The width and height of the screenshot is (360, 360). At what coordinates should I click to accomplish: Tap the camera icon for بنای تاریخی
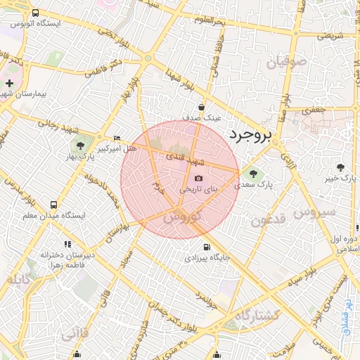198,179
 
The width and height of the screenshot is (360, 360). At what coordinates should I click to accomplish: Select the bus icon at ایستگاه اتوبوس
36,14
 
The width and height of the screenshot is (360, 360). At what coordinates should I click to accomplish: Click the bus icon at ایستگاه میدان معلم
53,205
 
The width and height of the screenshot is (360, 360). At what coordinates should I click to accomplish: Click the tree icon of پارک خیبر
341,167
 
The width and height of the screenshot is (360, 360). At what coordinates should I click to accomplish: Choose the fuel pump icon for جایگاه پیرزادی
206,247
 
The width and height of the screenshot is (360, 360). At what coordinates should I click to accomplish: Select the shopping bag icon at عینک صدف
202,108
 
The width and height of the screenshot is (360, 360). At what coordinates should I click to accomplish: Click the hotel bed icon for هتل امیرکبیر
117,138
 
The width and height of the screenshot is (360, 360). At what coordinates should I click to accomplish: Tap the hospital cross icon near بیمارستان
8,84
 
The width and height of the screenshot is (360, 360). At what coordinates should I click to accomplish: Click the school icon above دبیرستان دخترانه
68,243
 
